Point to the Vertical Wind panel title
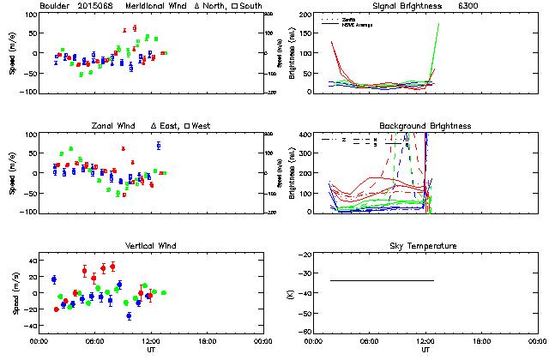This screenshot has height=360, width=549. [x=150, y=246]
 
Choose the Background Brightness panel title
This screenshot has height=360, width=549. [x=425, y=126]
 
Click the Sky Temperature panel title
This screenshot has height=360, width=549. [x=425, y=246]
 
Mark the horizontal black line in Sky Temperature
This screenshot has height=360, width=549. [x=382, y=280]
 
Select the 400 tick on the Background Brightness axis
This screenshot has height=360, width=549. [x=302, y=135]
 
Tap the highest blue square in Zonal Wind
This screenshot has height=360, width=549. [x=159, y=146]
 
